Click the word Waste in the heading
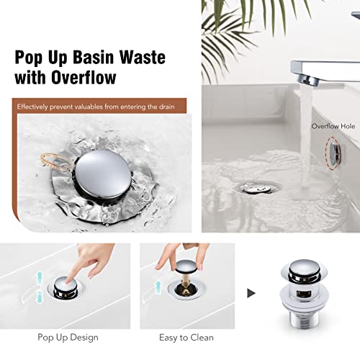pyautogui.click(x=143, y=57)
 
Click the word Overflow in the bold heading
pyautogui.click(x=84, y=77)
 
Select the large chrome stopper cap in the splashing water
pyautogui.click(x=103, y=174)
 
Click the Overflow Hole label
pyautogui.click(x=333, y=126)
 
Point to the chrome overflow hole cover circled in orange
pyautogui.click(x=335, y=153)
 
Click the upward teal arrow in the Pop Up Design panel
pyautogui.click(x=39, y=278)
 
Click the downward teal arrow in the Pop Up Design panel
pyautogui.click(x=39, y=297)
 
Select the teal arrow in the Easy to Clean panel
pyautogui.click(x=158, y=287)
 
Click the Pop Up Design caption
pyautogui.click(x=68, y=338)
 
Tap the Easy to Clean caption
pyautogui.click(x=186, y=338)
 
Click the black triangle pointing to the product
pyautogui.click(x=251, y=293)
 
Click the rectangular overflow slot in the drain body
pyautogui.click(x=304, y=294)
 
